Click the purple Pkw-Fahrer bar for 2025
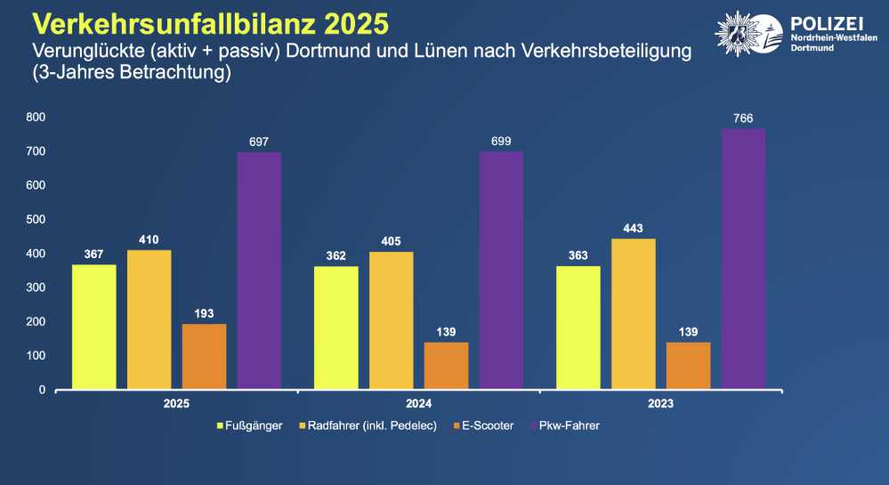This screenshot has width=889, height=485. (x=259, y=271)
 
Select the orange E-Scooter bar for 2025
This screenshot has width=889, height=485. (x=204, y=356)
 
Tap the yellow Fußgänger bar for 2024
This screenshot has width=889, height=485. (x=336, y=327)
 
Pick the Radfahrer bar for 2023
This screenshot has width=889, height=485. (x=633, y=313)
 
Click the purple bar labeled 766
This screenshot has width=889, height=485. (x=743, y=258)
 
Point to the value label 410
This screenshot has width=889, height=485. (x=149, y=239)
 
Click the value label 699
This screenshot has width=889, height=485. (x=501, y=141)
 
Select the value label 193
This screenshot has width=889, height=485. (x=204, y=313)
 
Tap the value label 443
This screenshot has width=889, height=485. (x=633, y=228)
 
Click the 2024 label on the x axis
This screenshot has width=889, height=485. (x=418, y=404)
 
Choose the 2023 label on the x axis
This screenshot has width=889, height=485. (x=660, y=404)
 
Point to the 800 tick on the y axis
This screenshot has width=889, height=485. (x=36, y=117)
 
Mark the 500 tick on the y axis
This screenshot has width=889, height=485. (x=36, y=220)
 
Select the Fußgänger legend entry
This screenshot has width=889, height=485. (x=250, y=426)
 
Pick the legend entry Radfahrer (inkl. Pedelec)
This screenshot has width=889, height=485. (x=369, y=426)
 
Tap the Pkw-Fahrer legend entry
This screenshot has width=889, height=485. (x=567, y=426)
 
